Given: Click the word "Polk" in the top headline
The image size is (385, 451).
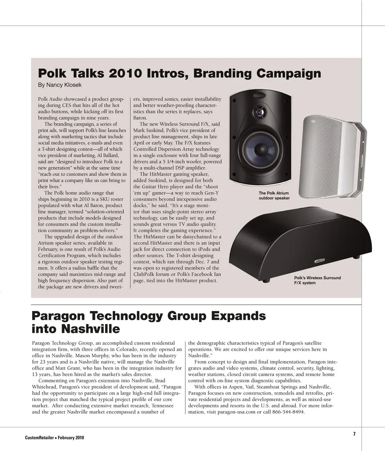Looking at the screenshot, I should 52,73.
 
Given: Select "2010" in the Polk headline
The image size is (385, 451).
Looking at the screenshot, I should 124,73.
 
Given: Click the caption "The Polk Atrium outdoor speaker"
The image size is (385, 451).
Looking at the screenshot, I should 274,195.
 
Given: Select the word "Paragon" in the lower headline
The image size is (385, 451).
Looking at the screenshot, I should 58,316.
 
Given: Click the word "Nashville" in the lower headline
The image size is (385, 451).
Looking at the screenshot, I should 91,329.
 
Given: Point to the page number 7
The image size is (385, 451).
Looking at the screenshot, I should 354,433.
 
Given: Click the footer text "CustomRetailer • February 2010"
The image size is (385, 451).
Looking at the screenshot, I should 55,437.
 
